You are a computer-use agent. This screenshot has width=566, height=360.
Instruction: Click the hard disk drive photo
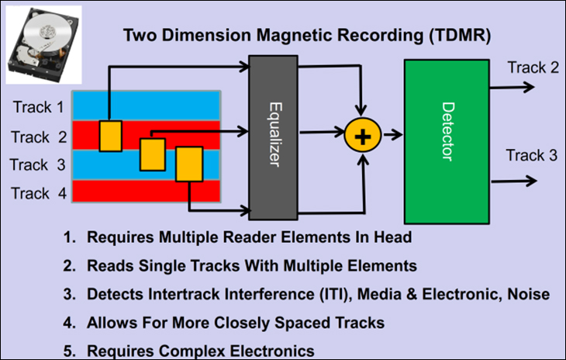(x=43, y=45)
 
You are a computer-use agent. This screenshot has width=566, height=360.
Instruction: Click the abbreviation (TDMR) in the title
(x=460, y=36)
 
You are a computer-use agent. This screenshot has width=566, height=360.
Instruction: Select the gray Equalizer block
(x=273, y=137)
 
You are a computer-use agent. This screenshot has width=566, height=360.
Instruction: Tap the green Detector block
(x=447, y=141)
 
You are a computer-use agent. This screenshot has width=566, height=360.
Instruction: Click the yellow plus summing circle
(x=363, y=136)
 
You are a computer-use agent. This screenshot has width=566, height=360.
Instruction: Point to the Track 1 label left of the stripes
(x=38, y=107)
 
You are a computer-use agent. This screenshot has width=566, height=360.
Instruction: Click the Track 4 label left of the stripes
(x=39, y=193)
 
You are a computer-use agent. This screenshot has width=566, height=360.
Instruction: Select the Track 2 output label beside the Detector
(x=533, y=67)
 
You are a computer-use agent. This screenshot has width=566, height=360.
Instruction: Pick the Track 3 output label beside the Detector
(x=532, y=155)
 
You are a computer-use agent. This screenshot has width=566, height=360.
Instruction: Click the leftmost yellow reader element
(x=111, y=136)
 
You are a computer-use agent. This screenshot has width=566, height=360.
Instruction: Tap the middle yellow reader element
(x=153, y=154)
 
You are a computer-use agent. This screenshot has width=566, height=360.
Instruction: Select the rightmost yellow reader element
(x=189, y=164)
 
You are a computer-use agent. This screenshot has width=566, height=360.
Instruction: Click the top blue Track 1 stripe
(x=147, y=106)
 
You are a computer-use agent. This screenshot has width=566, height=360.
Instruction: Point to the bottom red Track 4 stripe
(x=147, y=191)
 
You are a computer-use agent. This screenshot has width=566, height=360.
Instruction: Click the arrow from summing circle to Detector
(x=393, y=135)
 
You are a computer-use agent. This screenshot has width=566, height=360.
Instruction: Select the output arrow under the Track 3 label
(x=514, y=181)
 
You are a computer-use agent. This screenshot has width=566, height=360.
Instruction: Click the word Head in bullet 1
(x=392, y=237)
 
